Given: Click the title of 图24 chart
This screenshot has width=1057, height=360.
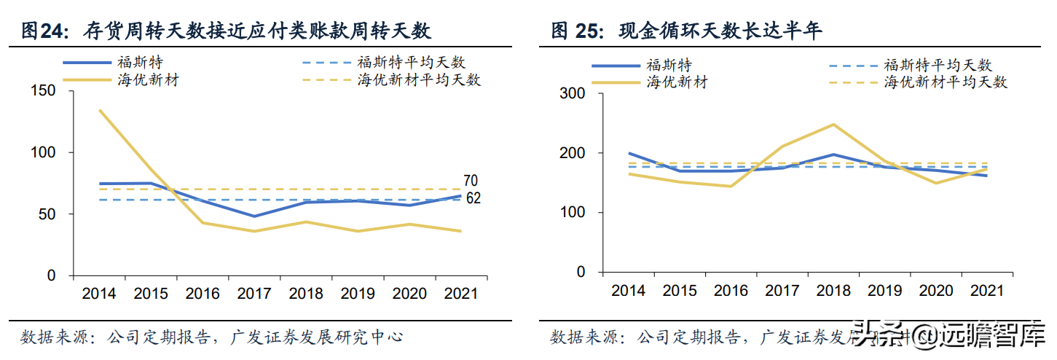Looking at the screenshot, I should click(226, 31).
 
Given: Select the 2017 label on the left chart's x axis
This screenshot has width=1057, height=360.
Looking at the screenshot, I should click(254, 294).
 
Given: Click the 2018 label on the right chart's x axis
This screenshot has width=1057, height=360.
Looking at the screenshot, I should click(833, 290).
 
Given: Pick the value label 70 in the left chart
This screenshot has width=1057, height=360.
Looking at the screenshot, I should click(471, 181).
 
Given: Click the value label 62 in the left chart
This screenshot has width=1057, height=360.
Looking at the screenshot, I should click(473, 197).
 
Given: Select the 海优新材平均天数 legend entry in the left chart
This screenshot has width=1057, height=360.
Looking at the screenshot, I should click(419, 80).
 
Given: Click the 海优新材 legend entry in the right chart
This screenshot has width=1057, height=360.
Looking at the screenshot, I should click(677, 82).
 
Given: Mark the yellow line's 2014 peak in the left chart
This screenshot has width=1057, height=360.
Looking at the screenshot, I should click(99, 110).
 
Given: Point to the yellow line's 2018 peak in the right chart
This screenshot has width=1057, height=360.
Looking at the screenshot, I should click(833, 125).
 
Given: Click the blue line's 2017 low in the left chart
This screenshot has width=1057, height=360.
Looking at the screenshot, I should click(254, 216).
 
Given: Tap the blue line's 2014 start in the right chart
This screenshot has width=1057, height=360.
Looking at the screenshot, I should click(629, 153).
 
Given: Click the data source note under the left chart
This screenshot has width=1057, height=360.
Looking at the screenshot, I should click(211, 337).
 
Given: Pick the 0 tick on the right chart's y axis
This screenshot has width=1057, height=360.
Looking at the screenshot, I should click(580, 272).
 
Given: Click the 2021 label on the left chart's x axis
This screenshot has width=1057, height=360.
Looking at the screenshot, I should click(460, 294).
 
